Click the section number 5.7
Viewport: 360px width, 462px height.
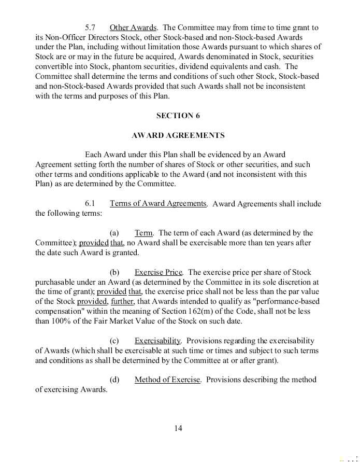click(x=90, y=27)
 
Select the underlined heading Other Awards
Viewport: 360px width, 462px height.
click(x=133, y=27)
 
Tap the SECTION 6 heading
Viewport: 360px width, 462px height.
click(x=178, y=116)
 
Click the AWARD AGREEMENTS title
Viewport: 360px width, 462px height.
click(x=178, y=135)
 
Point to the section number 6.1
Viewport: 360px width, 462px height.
click(x=90, y=204)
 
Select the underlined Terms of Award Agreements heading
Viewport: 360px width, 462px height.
click(x=158, y=204)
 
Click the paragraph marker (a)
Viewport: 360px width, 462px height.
click(x=114, y=233)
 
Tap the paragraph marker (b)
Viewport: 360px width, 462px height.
click(x=114, y=272)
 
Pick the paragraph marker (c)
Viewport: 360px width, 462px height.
click(x=114, y=341)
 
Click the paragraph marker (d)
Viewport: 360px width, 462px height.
click(x=114, y=380)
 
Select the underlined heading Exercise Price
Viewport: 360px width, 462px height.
click(x=159, y=272)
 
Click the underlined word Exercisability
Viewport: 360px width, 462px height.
click(x=157, y=341)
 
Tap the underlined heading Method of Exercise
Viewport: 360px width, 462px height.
click(x=167, y=380)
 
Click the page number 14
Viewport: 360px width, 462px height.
click(x=178, y=428)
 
